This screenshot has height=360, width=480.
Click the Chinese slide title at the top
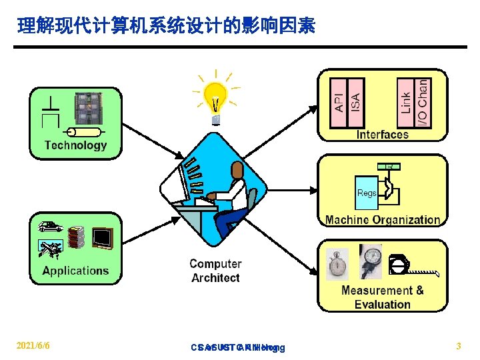pos(167,26)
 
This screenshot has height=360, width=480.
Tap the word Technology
pos(75,145)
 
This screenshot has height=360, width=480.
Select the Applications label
pos(75,271)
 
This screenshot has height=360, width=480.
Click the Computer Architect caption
pos(215,271)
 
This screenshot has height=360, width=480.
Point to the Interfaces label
pos(383,134)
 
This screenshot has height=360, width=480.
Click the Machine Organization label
pos(383,219)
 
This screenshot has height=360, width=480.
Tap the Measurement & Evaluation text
pos(383,297)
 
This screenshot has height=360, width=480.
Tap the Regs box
pos(367,193)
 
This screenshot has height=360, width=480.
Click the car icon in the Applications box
pos(50,227)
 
